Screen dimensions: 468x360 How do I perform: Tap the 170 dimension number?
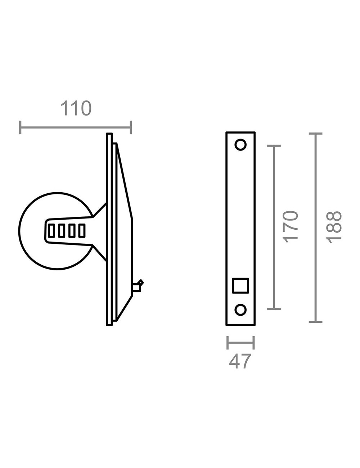[x=291, y=227]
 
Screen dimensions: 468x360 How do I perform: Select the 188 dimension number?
[x=334, y=227]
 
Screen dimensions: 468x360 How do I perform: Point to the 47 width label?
[x=240, y=361]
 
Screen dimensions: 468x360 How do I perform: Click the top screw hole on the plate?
[x=240, y=145]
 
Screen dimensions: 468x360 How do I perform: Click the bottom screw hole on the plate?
[x=240, y=310]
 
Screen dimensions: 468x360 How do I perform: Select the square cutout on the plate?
[x=240, y=285]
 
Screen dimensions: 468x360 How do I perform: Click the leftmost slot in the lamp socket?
[x=51, y=230]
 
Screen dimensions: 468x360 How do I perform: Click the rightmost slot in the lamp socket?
[x=82, y=230]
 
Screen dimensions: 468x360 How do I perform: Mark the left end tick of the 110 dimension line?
[x=21, y=127]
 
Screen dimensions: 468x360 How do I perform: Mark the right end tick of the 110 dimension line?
[x=131, y=127]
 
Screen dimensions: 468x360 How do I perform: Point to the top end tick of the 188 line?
[x=316, y=134]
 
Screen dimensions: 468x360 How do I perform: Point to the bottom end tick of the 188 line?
[x=316, y=321]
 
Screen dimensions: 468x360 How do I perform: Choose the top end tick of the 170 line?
[x=274, y=146]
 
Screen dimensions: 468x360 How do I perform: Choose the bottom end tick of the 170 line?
[x=274, y=309]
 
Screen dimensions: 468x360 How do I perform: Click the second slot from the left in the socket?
[x=62, y=230]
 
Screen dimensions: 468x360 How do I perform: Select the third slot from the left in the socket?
[x=72, y=230]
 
